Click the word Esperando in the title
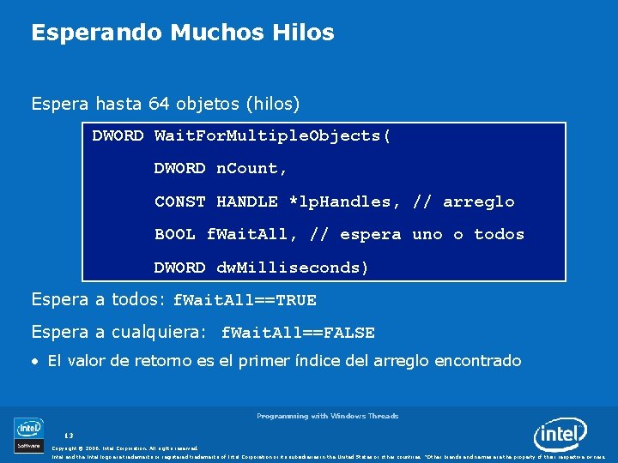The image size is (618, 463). (x=97, y=33)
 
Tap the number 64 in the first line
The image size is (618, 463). (x=159, y=105)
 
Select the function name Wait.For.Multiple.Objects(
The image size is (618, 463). (x=273, y=135)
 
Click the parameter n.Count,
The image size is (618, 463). (x=251, y=169)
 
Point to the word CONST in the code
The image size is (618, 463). (x=180, y=201)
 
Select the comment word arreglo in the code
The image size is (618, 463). (x=479, y=201)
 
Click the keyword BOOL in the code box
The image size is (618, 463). (x=175, y=234)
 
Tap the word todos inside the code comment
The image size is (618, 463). (x=499, y=234)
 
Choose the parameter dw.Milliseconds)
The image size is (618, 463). (x=293, y=268)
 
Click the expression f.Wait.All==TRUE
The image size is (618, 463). (x=245, y=300)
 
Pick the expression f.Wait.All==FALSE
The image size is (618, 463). (x=298, y=333)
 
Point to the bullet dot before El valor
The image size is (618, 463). (x=35, y=362)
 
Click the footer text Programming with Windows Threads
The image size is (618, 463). (x=327, y=416)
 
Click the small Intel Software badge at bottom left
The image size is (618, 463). (x=29, y=434)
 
